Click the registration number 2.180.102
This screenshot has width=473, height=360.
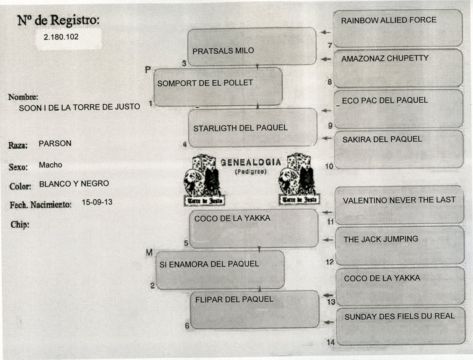pyautogui.click(x=61, y=37)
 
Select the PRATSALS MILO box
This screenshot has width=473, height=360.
pyautogui.click(x=252, y=47)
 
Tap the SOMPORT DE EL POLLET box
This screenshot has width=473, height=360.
pyautogui.click(x=218, y=87)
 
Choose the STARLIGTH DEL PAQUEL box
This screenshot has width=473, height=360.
pyautogui.click(x=253, y=127)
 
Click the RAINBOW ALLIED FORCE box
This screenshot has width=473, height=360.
pyautogui.click(x=398, y=28)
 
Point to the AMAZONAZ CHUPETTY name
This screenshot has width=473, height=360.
pyautogui.click(x=385, y=58)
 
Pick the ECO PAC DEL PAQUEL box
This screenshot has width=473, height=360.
pyautogui.click(x=399, y=109)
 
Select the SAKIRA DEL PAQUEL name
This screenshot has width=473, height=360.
pyautogui.click(x=382, y=139)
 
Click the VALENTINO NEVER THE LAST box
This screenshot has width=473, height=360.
pyautogui.click(x=399, y=205)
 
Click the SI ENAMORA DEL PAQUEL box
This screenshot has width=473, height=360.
pyautogui.click(x=219, y=269)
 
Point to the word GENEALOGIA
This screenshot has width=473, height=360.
pyautogui.click(x=251, y=162)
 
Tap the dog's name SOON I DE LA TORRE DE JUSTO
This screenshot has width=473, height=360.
pyautogui.click(x=80, y=107)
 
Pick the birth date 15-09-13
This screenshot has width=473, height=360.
pyautogui.click(x=97, y=202)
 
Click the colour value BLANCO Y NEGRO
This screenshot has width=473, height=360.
pyautogui.click(x=74, y=184)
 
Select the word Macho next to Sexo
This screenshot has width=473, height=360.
pyautogui.click(x=50, y=165)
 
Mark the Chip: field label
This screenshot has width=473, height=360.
pyautogui.click(x=19, y=224)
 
